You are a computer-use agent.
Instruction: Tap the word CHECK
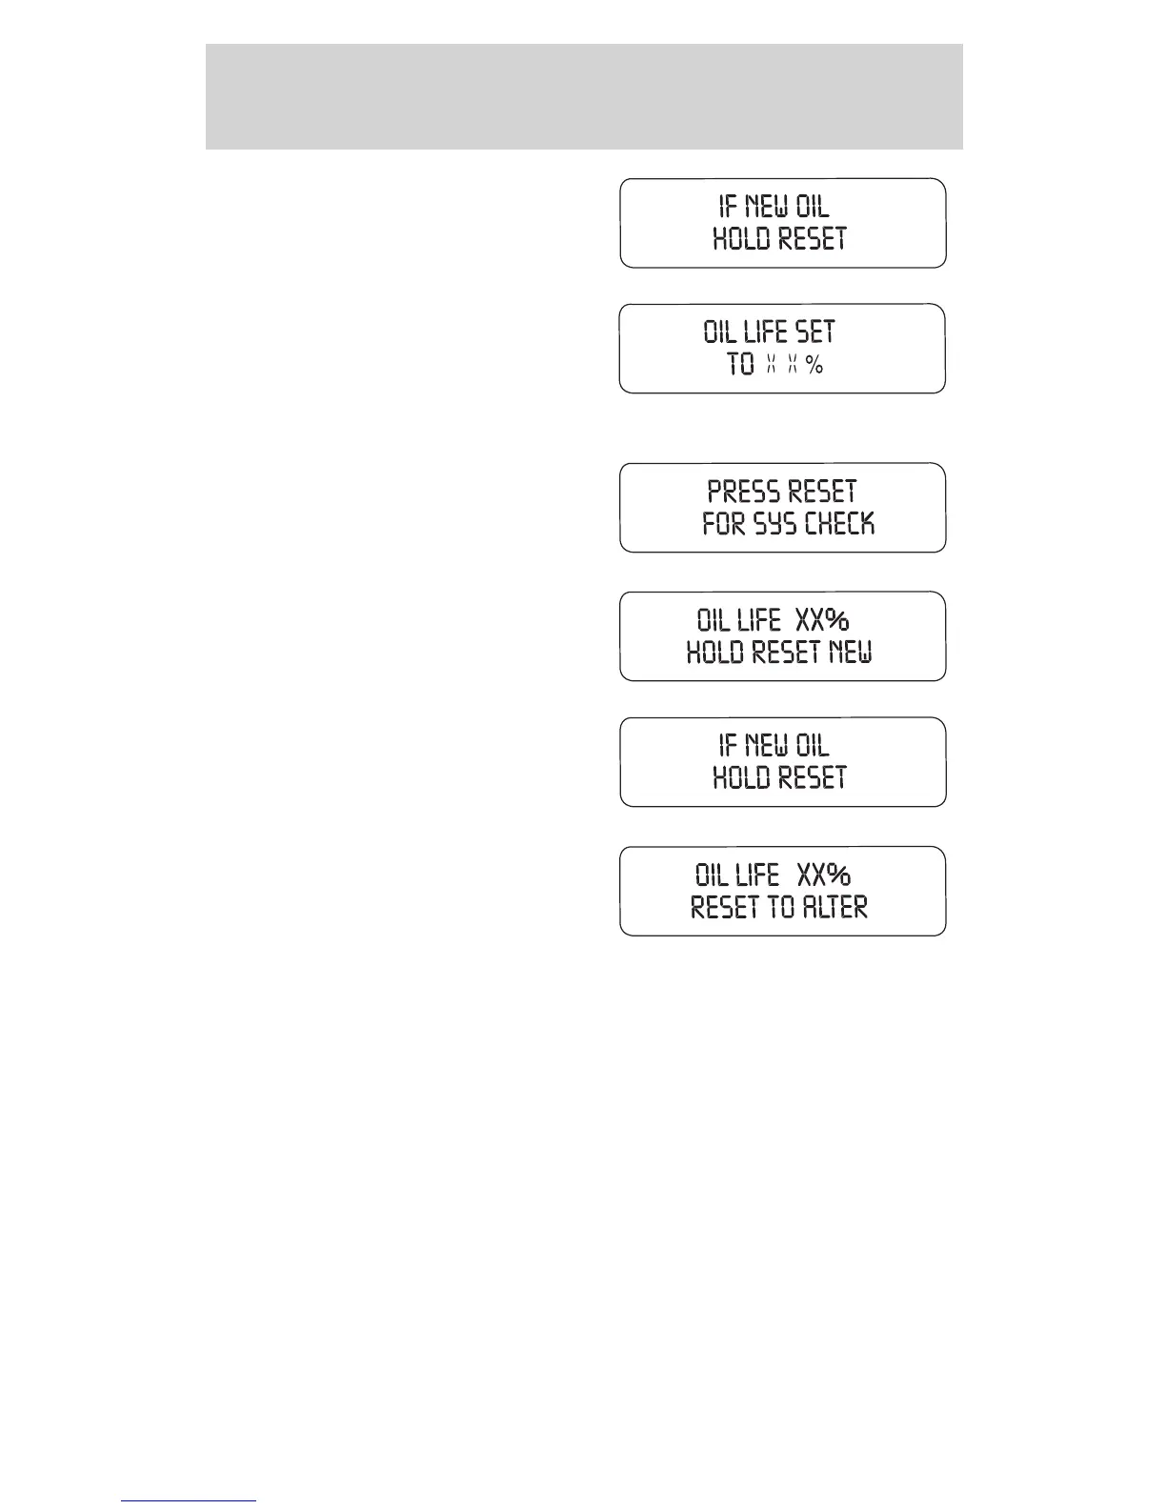coord(839,524)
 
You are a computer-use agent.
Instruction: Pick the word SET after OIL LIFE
coord(814,332)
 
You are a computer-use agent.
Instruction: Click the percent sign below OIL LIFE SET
coord(814,364)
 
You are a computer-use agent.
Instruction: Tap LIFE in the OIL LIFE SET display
coord(765,332)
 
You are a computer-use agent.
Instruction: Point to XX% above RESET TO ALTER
coord(823,875)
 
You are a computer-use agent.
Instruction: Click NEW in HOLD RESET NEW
coord(850,653)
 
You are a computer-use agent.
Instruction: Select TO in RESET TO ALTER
coord(780,907)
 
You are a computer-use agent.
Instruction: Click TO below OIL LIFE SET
coord(740,364)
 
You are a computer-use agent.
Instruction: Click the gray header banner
coord(583,96)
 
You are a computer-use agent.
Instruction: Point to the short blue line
coord(189,1501)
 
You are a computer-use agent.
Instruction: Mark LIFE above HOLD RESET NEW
coord(758,620)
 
